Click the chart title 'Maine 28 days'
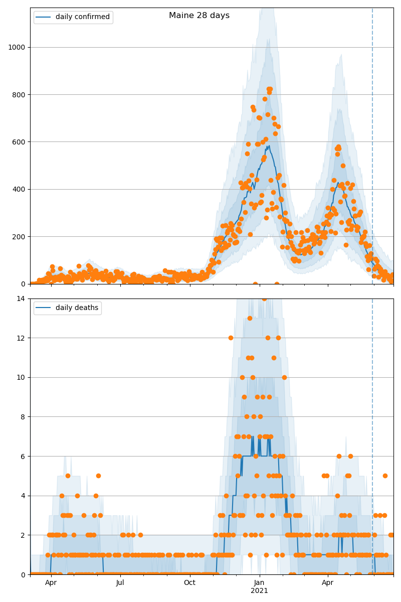[x=199, y=16]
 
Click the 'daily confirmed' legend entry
[x=82, y=17]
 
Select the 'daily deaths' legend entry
[x=77, y=308]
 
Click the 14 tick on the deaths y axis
[x=22, y=299]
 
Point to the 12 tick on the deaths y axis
[x=22, y=338]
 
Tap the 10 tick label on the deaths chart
[x=22, y=378]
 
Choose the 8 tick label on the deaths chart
[x=24, y=417]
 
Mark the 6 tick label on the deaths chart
[x=24, y=457]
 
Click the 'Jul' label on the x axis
[x=120, y=583]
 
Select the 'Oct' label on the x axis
[x=189, y=583]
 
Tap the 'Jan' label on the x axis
[x=259, y=583]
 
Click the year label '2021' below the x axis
[x=259, y=590]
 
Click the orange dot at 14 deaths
[x=264, y=299]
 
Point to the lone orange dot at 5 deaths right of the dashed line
[x=385, y=476]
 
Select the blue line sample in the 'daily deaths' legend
[x=43, y=308]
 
